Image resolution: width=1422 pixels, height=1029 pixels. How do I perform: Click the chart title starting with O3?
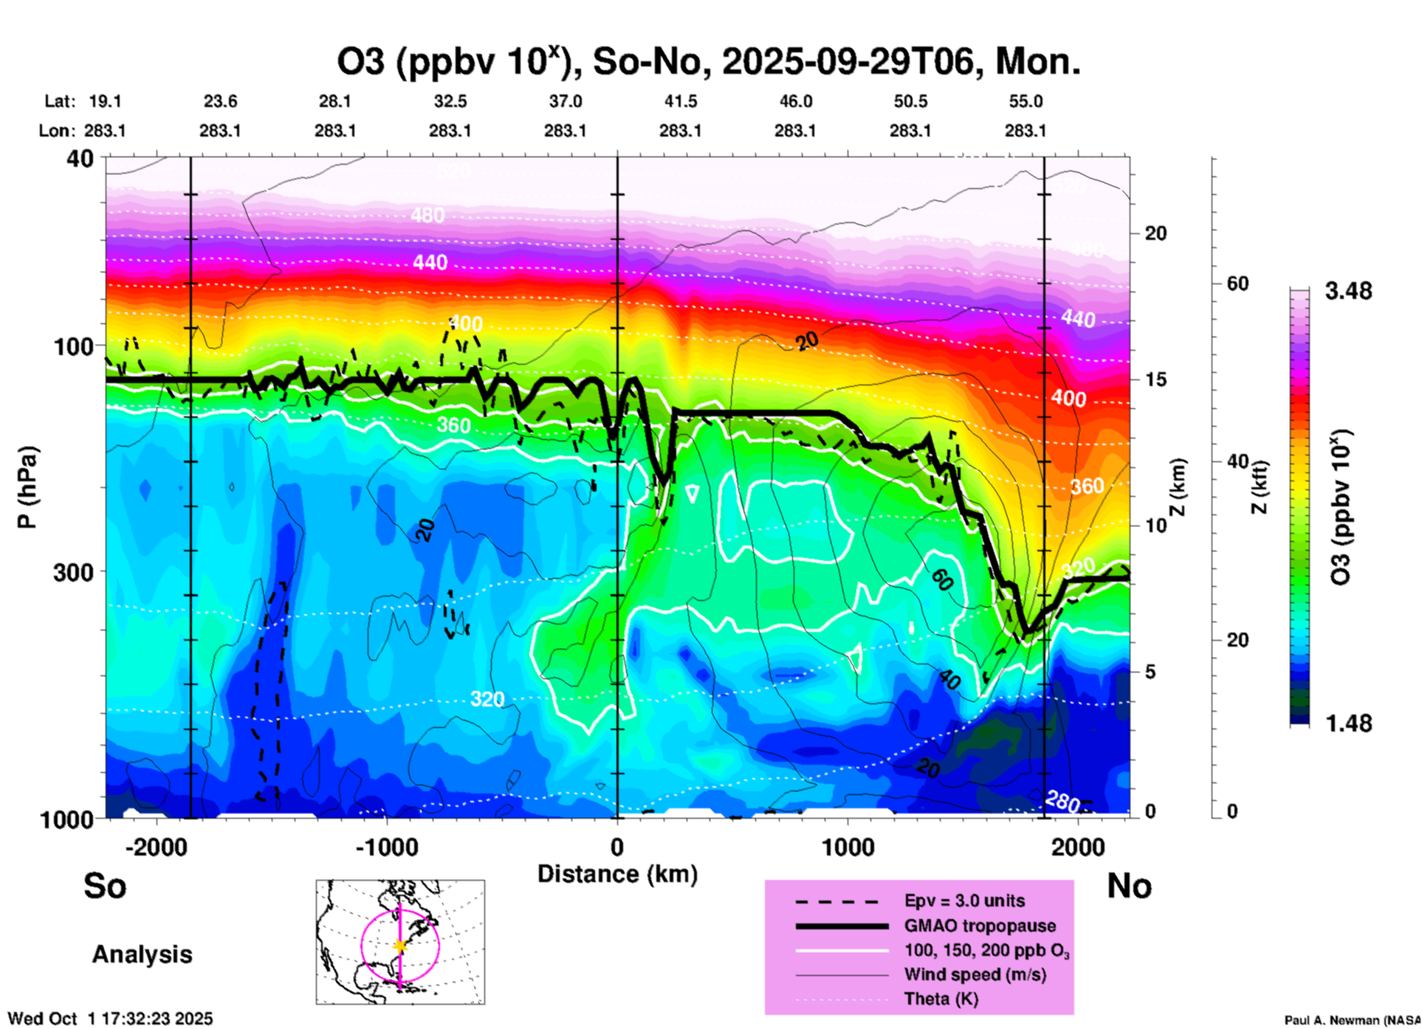coord(708,62)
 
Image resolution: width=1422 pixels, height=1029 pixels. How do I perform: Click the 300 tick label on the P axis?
coord(73,572)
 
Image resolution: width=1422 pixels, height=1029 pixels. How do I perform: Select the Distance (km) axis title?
coord(617,874)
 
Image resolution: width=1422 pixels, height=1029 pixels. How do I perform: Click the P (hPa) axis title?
coord(27,487)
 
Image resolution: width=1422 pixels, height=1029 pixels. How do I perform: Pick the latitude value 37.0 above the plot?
coord(565,101)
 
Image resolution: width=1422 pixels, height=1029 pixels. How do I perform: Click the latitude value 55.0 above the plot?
coord(1026,101)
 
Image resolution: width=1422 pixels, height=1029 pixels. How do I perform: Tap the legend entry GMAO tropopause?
coord(980,926)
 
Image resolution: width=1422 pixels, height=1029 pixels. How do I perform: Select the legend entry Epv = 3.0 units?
coord(964,901)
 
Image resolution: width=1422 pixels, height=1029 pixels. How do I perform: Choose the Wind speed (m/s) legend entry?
coord(975,974)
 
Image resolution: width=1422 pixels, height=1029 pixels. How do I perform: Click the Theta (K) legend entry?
coord(941,999)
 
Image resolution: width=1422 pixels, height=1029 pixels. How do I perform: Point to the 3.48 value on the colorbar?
coord(1348,291)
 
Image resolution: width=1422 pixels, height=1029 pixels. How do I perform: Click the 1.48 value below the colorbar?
coord(1348,723)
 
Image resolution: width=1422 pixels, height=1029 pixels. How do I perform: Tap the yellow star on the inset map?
coord(400,946)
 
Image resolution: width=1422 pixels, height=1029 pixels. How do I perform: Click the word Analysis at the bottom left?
coord(142,954)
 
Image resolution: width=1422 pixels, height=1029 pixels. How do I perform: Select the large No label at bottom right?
coord(1129,886)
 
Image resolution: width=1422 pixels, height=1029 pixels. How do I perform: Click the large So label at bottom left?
coord(105,886)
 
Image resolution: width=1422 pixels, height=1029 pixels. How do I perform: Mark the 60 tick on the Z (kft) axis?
coord(1237,283)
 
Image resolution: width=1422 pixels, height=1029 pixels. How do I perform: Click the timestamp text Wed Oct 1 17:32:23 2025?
coord(111,1019)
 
